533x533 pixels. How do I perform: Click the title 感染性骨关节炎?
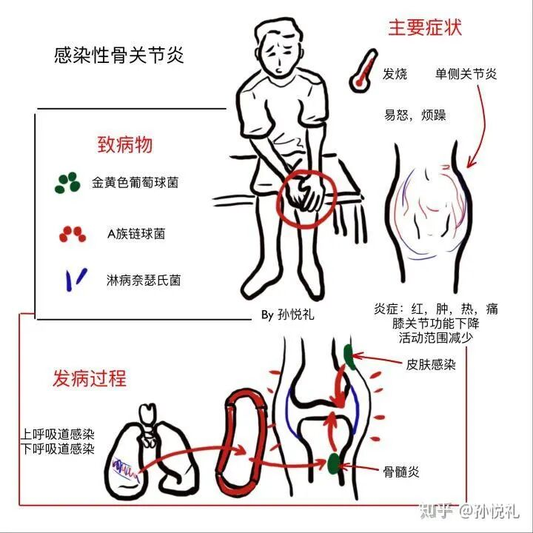coord(118,55)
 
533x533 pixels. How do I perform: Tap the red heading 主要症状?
coord(425,28)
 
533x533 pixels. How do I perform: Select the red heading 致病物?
coord(125,145)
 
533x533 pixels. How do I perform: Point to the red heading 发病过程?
coord(90,378)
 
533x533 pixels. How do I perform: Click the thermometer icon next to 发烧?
coord(363,70)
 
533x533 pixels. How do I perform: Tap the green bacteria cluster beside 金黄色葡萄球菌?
coord(67,183)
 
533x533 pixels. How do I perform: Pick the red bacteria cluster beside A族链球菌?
coord(73,234)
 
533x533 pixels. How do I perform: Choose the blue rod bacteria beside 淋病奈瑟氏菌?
coord(76,279)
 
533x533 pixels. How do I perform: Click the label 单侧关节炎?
coord(466,74)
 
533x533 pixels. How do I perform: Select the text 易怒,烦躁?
coord(415,115)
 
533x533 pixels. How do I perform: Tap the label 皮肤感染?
coord(431,365)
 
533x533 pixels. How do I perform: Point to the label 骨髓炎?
coord(401,472)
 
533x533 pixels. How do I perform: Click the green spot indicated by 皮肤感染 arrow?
coord(349,357)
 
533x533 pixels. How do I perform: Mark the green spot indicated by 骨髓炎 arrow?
coord(334,463)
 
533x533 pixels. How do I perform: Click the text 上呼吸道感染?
coord(58,435)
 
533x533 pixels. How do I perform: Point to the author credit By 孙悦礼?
coord(287,315)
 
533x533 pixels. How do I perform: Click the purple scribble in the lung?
coord(126,469)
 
